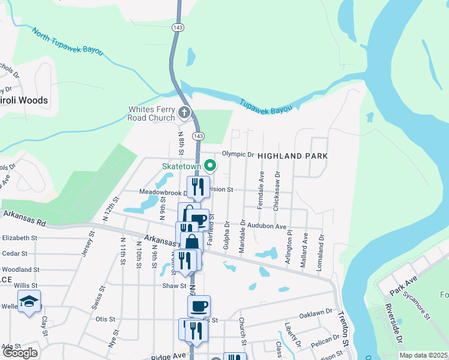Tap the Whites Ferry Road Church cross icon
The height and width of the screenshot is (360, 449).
(x=184, y=112)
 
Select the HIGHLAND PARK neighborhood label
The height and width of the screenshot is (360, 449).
(x=292, y=156)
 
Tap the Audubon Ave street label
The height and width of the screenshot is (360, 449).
(x=268, y=226)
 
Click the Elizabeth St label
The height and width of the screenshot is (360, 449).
(x=19, y=238)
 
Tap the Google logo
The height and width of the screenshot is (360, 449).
(x=19, y=353)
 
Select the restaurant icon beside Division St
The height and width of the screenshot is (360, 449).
(x=197, y=187)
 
